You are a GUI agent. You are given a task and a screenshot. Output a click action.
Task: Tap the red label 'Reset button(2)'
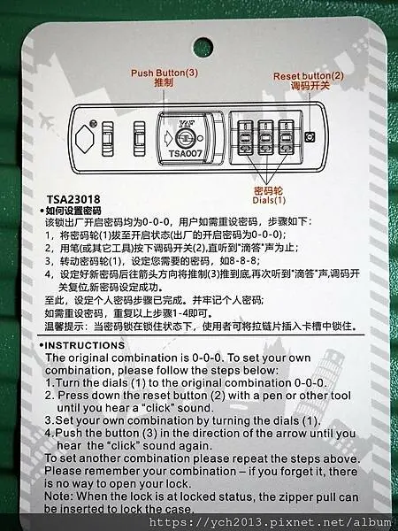pos(307,77)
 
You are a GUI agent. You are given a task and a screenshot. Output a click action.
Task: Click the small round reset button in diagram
pos(318,136)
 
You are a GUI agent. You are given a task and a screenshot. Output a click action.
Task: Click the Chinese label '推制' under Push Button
pos(164,81)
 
